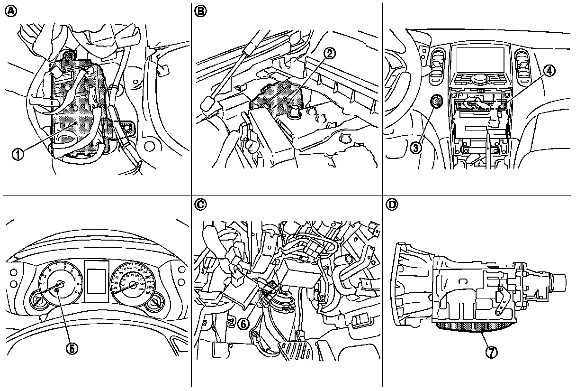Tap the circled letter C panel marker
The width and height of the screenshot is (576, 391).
click(x=201, y=205)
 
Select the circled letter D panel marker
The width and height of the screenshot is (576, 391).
click(x=392, y=205)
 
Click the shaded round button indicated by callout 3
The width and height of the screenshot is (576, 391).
click(x=436, y=101)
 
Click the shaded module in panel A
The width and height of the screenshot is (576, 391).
click(x=78, y=114)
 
